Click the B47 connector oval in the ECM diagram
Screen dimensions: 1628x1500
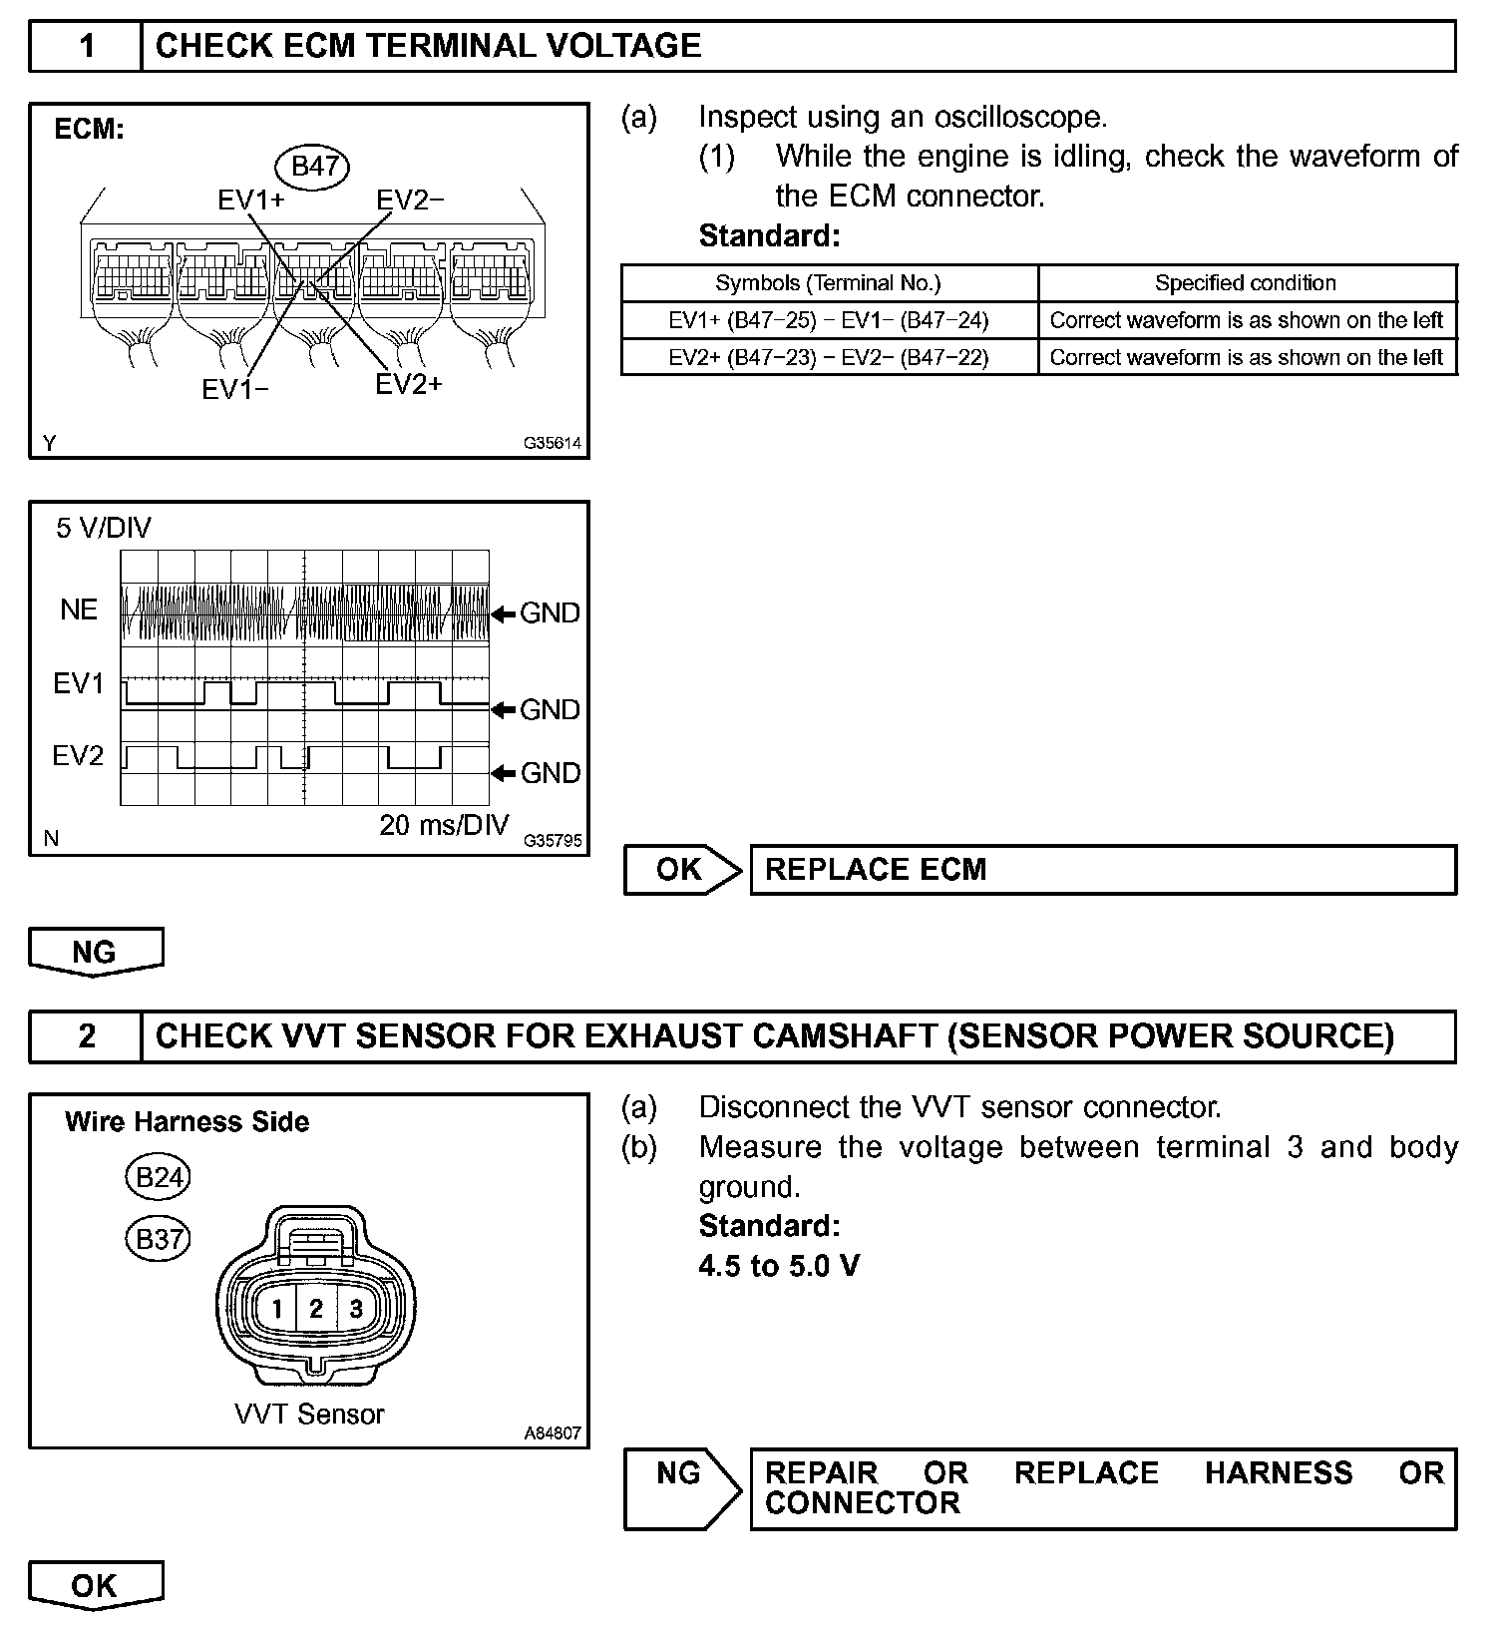314,167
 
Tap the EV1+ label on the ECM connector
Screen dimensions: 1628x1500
250,201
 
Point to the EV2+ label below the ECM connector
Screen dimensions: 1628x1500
408,384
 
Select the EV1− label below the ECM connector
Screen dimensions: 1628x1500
235,389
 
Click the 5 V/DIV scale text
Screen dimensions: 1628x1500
104,528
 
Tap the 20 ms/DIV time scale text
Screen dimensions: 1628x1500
444,826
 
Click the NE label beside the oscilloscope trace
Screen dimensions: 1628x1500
79,610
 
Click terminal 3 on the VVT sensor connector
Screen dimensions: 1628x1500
356,1309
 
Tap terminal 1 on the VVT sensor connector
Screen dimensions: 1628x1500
277,1309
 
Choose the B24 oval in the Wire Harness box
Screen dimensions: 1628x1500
158,1178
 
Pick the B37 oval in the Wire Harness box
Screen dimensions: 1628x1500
158,1239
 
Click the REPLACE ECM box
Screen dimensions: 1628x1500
1102,870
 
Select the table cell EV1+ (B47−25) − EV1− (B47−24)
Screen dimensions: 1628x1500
829,320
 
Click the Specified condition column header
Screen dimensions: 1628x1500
1246,283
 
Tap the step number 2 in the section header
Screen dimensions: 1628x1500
87,1036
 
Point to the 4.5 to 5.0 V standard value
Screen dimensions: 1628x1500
779,1266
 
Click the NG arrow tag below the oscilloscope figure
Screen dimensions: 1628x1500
95,952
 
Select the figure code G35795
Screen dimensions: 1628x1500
553,841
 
